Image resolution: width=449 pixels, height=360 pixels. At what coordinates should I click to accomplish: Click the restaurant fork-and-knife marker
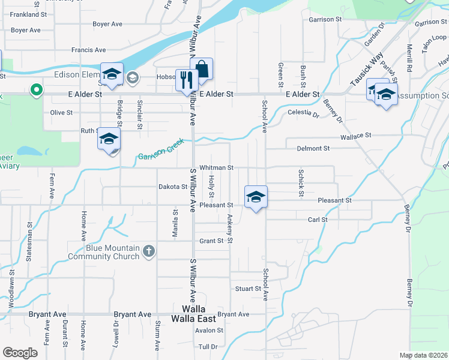pos(187,80)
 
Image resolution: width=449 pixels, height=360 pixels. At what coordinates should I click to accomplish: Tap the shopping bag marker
pos(202,69)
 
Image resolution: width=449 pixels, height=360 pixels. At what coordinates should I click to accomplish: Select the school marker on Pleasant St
pos(256,197)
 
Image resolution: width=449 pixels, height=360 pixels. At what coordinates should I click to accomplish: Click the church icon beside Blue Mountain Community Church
pos(149,252)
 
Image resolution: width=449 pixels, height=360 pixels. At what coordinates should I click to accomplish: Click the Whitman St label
pos(216,168)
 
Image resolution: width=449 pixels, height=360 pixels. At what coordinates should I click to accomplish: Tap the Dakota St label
pos(173,187)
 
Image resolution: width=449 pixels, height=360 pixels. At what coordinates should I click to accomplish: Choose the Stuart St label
pos(248,289)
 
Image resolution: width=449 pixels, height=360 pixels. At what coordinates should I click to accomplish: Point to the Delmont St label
pos(313,148)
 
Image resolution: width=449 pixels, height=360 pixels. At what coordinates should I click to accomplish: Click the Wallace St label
pos(357,137)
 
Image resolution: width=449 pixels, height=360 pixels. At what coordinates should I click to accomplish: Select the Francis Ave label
pos(88,50)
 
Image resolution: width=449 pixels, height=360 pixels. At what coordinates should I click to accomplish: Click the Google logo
pos(20,353)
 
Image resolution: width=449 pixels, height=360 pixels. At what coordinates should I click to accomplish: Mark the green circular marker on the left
pos(37,91)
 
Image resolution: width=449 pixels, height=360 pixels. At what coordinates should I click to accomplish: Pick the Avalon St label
pos(209,330)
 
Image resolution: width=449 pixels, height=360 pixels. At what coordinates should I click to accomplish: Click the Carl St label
pos(317,220)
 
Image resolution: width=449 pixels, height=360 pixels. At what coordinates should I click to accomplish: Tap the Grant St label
pos(211,241)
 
